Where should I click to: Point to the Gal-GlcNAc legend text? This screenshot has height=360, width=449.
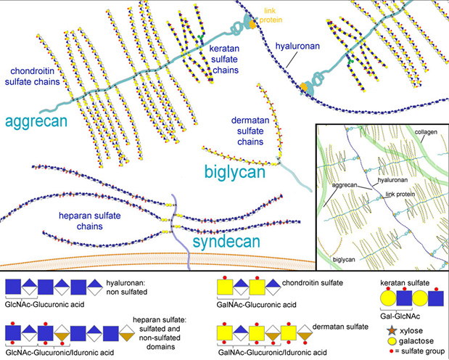[405, 316]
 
